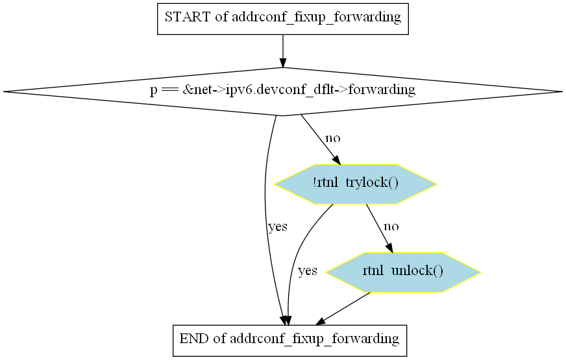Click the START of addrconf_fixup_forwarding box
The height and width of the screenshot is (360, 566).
pyautogui.click(x=283, y=19)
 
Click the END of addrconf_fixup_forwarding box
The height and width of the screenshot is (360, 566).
pyautogui.click(x=290, y=341)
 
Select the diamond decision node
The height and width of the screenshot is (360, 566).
pyautogui.click(x=283, y=91)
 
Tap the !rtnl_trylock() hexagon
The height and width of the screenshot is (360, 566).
pyautogui.click(x=356, y=184)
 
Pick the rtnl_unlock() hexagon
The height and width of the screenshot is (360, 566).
pyautogui.click(x=403, y=272)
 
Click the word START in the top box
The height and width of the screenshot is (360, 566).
pyautogui.click(x=188, y=17)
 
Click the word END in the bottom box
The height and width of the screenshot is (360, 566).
pyautogui.click(x=194, y=339)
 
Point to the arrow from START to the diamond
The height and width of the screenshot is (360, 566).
pyautogui.click(x=283, y=51)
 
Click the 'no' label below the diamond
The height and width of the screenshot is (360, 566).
pyautogui.click(x=333, y=138)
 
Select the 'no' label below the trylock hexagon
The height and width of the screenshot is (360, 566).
pyautogui.click(x=391, y=226)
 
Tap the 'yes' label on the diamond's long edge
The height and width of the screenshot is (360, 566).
pyautogui.click(x=278, y=227)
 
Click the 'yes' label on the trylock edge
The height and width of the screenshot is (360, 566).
pyautogui.click(x=308, y=270)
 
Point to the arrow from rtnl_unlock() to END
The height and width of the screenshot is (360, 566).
pyautogui.click(x=343, y=308)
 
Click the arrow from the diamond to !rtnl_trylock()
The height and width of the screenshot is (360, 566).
pyautogui.click(x=321, y=140)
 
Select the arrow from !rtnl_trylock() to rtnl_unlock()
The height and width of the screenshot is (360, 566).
pyautogui.click(x=379, y=228)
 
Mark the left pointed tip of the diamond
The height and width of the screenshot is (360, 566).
pyautogui.click(x=4, y=91)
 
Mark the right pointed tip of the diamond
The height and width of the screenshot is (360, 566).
pyautogui.click(x=562, y=91)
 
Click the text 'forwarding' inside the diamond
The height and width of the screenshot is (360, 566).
pyautogui.click(x=382, y=90)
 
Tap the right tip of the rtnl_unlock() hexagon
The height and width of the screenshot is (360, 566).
pyautogui.click(x=480, y=272)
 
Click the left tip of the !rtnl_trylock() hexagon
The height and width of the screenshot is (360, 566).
pyautogui.click(x=275, y=184)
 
